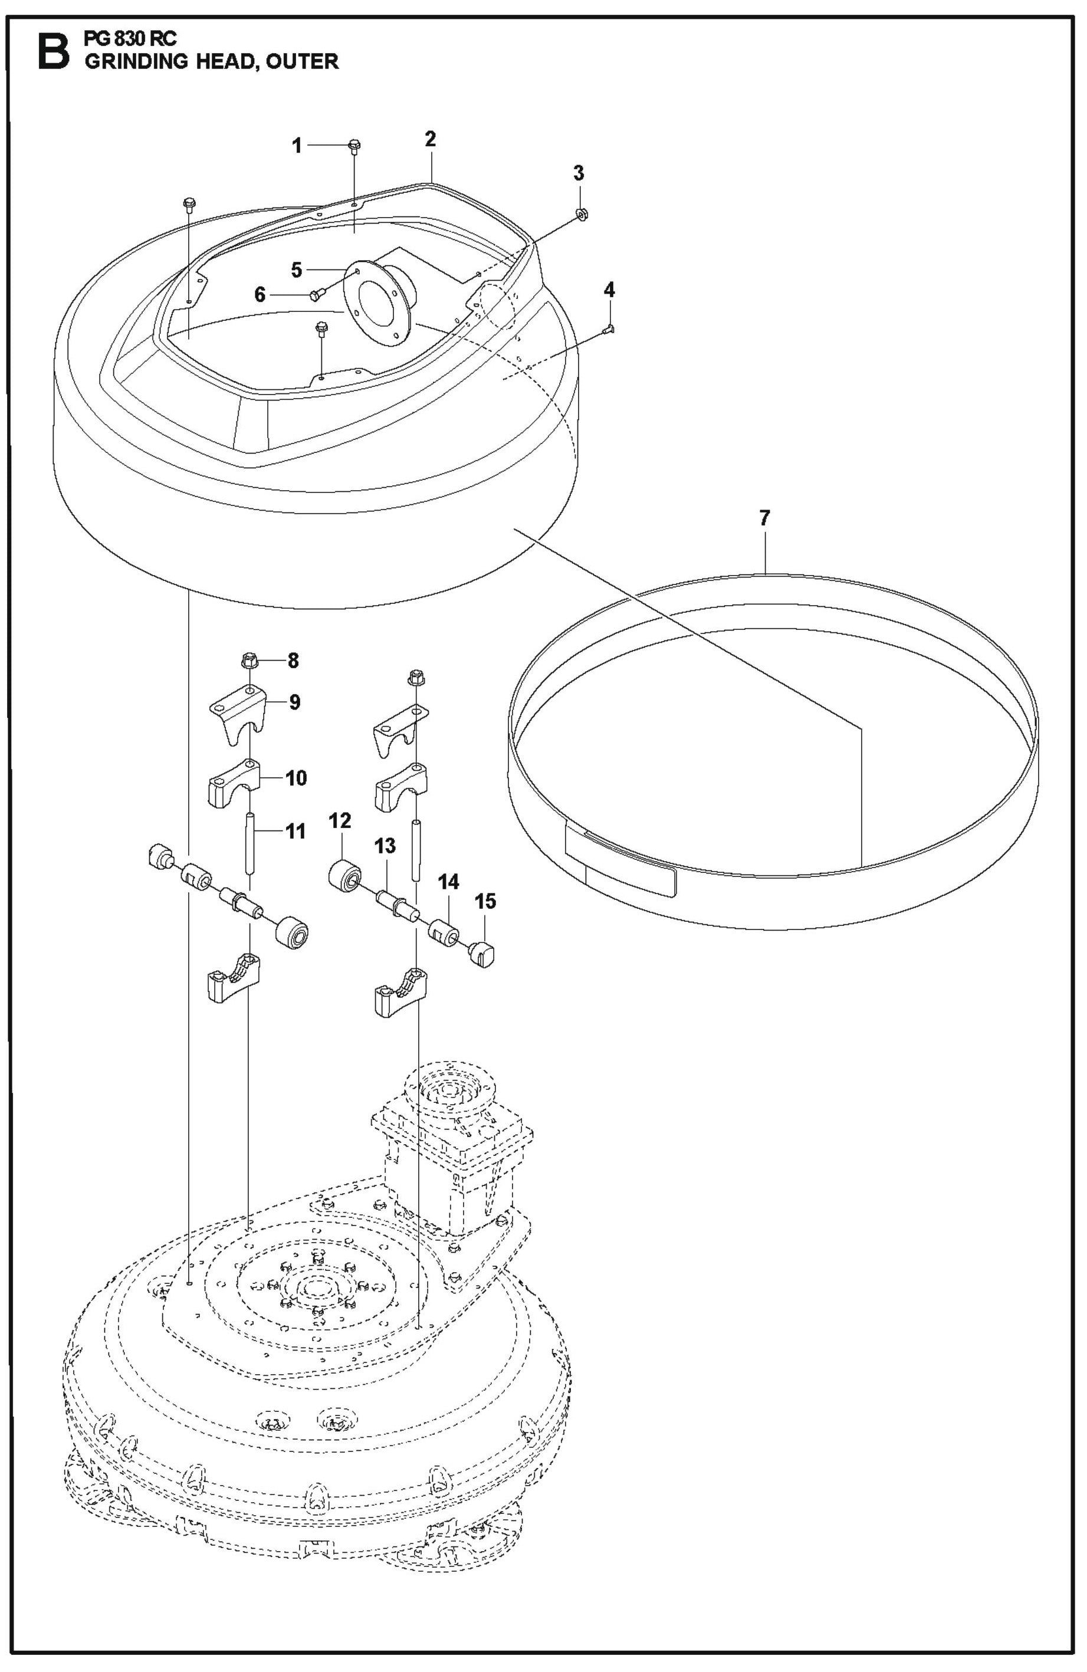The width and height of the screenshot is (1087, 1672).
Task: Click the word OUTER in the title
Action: (x=302, y=61)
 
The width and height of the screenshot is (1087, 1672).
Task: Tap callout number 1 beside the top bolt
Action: (x=297, y=146)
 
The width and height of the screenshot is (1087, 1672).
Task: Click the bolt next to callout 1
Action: (x=353, y=146)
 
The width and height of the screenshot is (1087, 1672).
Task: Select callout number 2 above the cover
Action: (x=430, y=139)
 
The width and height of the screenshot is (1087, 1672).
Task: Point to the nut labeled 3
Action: (x=582, y=213)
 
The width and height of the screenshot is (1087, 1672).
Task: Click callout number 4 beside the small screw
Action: (x=609, y=289)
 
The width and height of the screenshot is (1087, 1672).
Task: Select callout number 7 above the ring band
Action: (x=764, y=518)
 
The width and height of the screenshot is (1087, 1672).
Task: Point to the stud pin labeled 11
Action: (x=250, y=841)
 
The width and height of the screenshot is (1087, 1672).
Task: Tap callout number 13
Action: (x=385, y=846)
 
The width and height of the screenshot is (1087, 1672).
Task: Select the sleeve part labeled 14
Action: (x=444, y=932)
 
